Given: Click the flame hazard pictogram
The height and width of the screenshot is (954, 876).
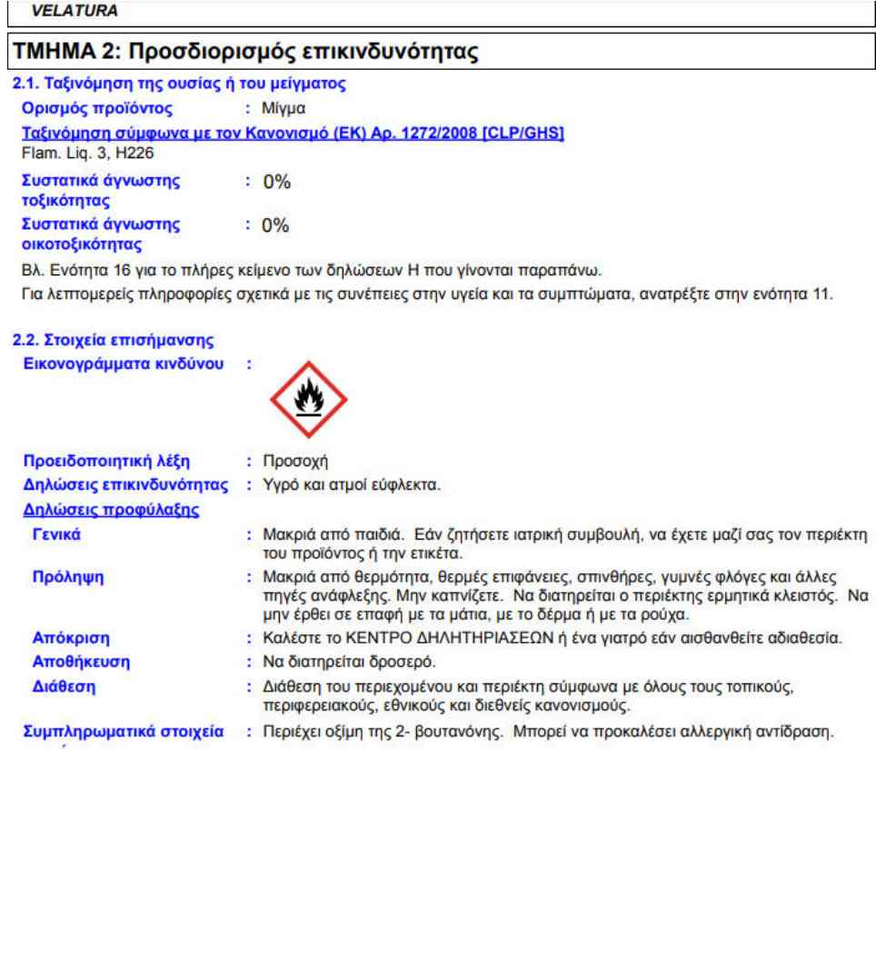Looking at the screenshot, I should (309, 398).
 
